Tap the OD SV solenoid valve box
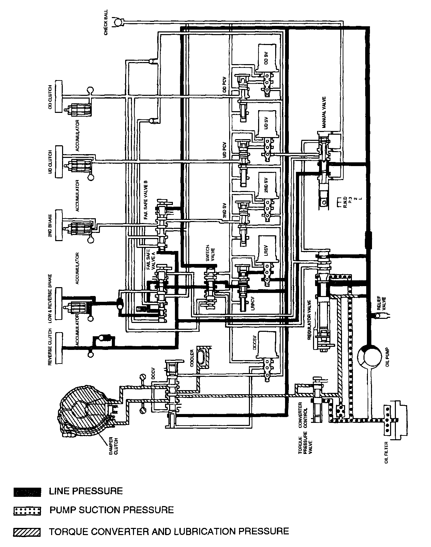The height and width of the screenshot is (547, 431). tap(267, 58)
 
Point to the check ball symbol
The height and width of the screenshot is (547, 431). tap(118, 22)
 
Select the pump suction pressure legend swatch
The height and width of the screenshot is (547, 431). tap(27, 511)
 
